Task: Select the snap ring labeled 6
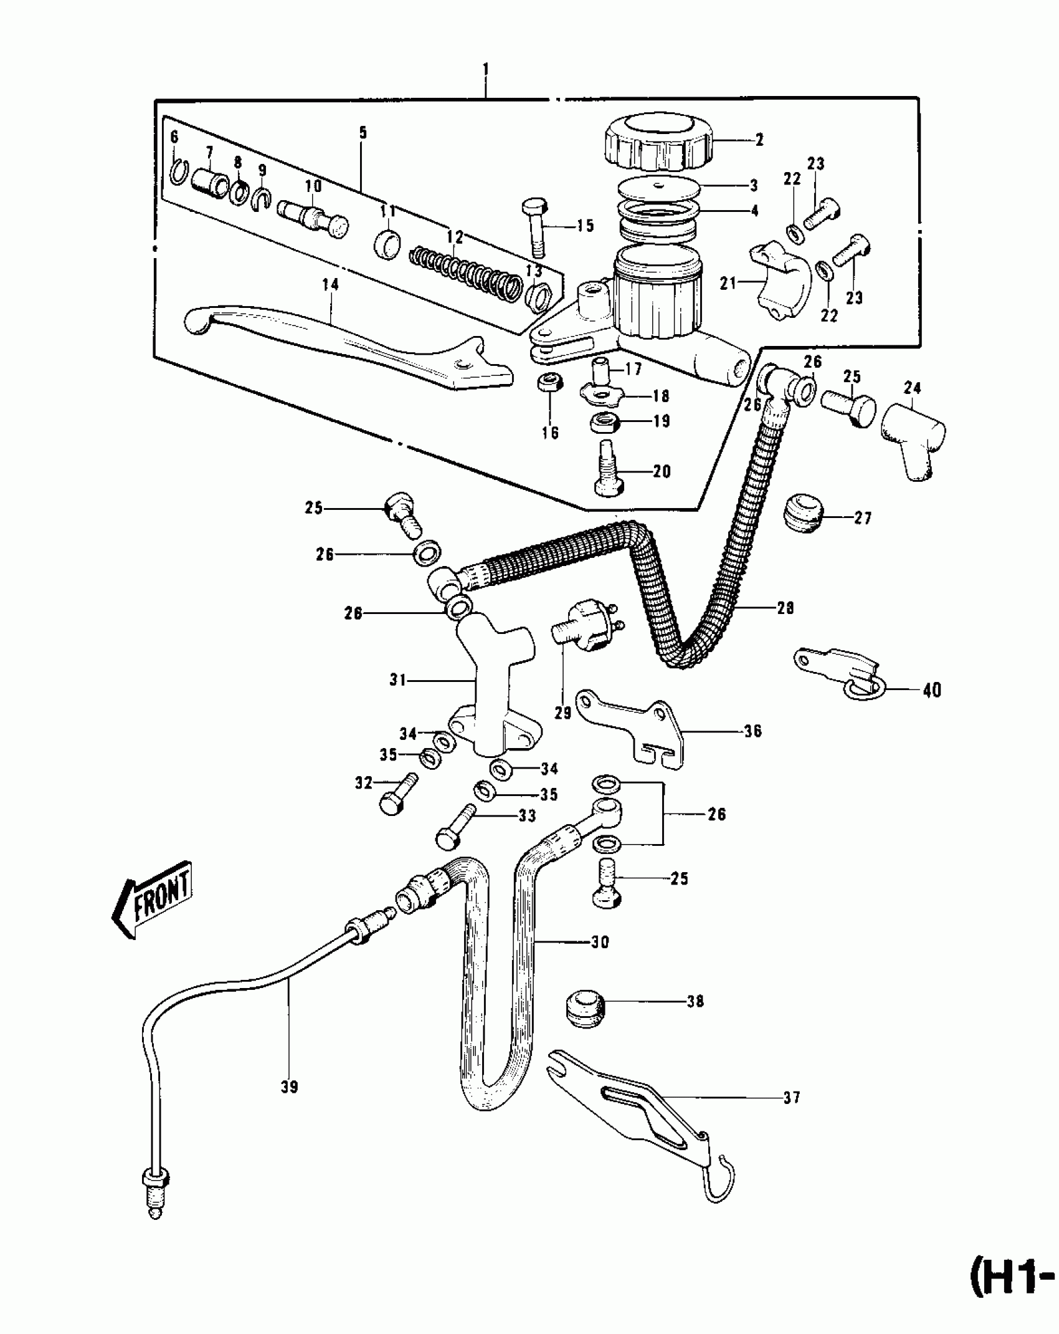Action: coord(177,171)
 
